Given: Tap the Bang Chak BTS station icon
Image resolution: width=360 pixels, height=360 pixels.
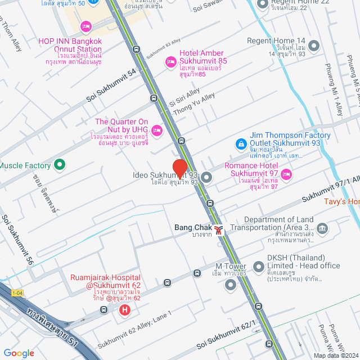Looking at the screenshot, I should [x=218, y=229].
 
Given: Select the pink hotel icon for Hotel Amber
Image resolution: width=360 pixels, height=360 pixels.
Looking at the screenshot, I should [x=170, y=62].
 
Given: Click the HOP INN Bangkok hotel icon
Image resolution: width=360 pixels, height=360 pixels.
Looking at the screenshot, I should [x=85, y=26].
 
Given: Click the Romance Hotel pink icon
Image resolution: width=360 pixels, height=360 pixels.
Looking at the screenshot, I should [x=286, y=175].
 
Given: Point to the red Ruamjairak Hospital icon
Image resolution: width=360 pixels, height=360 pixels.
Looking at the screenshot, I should [x=125, y=309].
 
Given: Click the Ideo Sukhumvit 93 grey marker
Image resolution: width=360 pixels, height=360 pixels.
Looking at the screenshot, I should [x=206, y=178].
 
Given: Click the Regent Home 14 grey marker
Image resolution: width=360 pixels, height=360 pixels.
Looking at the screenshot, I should [x=314, y=46].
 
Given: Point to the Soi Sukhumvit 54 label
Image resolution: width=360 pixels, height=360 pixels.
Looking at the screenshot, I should [x=111, y=85].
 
